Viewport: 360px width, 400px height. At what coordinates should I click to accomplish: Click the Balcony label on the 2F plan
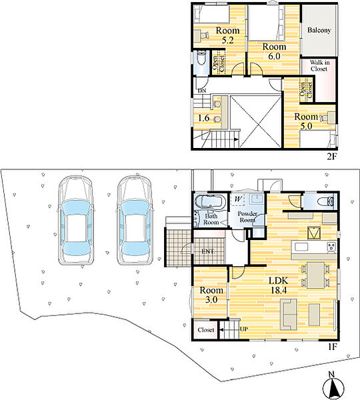coord(319,30)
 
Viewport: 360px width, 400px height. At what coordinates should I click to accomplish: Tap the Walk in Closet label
coord(319,65)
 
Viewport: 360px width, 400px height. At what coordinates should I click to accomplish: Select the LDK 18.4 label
coord(279,285)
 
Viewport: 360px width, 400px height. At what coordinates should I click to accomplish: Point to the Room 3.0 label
coord(211,295)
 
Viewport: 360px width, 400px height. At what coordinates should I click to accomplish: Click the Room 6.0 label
coord(274,51)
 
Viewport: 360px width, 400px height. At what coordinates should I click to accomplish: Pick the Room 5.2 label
coord(227,35)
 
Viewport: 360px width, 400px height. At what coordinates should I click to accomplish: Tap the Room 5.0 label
coord(306,121)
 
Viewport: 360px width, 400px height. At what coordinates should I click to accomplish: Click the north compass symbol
coord(333,386)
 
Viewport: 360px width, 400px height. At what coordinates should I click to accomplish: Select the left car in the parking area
coord(75,221)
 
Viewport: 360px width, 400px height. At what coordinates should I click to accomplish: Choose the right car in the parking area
coord(135,221)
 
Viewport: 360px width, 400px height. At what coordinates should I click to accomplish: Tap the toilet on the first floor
coord(326,201)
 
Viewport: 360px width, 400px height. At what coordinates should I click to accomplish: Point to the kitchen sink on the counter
coord(302,247)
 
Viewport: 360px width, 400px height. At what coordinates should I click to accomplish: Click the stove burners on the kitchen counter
coord(331,247)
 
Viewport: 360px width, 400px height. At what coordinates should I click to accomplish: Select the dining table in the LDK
coord(315,275)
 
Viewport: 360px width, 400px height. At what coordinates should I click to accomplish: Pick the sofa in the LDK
coord(289,314)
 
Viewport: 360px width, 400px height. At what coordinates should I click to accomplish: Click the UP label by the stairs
coord(243,329)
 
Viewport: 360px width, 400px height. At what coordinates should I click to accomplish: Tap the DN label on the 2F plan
coord(202,91)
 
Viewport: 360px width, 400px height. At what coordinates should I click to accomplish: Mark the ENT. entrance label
coord(208,251)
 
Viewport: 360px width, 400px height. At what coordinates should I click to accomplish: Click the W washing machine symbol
coord(238,199)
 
